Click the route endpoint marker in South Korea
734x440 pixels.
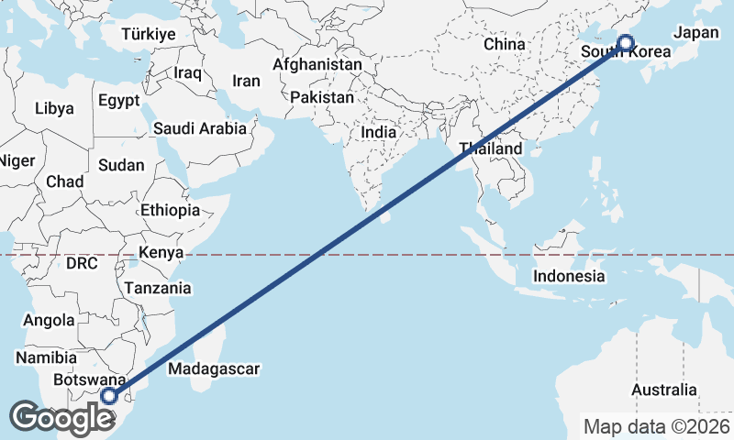626,42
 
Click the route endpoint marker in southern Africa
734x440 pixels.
110,396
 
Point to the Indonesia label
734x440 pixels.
569,276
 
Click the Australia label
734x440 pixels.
664,390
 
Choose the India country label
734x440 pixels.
379,132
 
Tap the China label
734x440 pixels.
504,43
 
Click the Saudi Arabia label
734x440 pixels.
200,128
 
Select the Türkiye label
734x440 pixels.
148,34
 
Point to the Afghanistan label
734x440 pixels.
317,65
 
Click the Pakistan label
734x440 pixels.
322,97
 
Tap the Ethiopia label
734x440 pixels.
171,210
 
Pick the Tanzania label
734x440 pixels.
158,288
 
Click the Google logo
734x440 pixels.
62,418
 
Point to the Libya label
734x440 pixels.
54,108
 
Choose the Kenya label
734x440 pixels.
161,252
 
